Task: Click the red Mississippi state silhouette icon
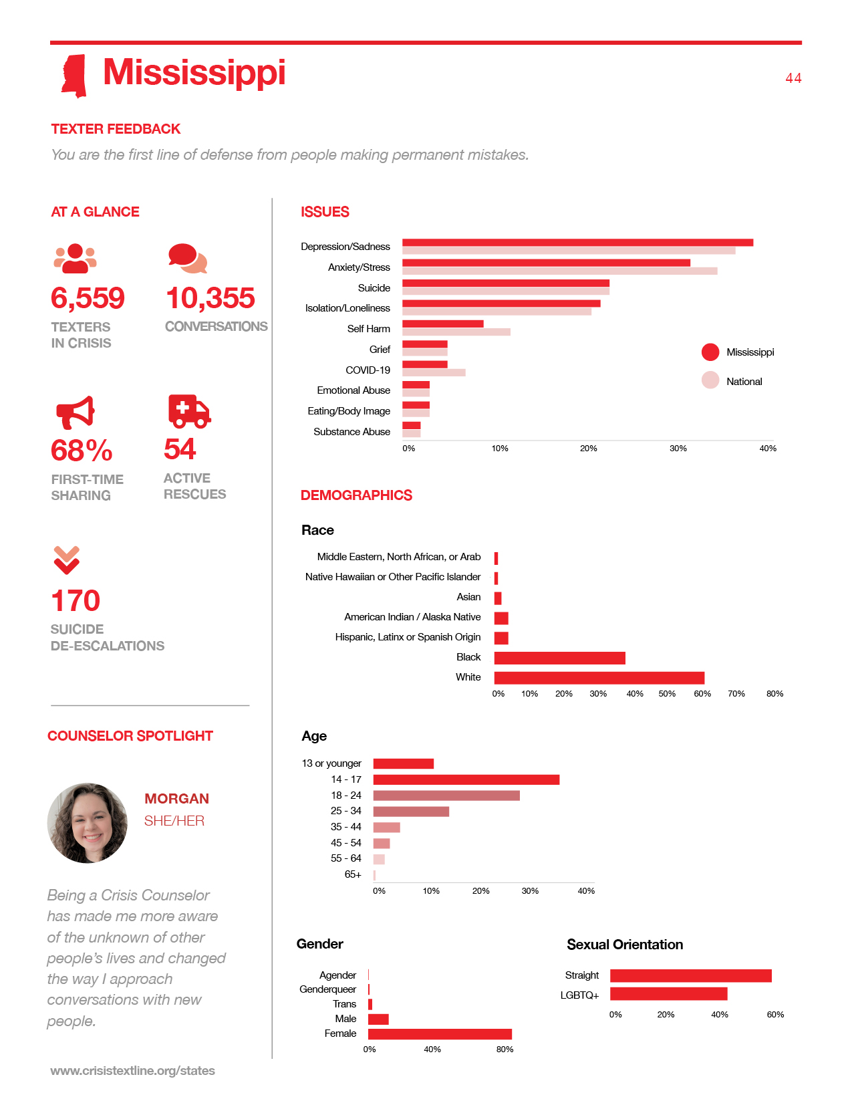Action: coord(74,76)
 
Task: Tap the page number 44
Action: coord(793,78)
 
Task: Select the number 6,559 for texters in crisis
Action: coord(88,298)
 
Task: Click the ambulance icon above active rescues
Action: coord(189,411)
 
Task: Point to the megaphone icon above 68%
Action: coord(75,412)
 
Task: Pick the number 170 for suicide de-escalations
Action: coord(76,600)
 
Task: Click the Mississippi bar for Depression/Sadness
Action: coord(577,243)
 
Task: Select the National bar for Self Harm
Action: coord(456,332)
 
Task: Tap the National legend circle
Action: coord(710,380)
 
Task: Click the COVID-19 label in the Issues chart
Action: coord(368,370)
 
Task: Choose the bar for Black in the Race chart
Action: coord(560,658)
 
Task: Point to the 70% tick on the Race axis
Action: coord(736,694)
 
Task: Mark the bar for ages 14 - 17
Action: coord(466,779)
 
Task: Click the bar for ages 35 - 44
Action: coord(387,828)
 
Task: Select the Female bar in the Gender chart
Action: coord(440,1034)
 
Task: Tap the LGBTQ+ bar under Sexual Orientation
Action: coord(669,994)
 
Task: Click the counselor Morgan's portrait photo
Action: coord(88,823)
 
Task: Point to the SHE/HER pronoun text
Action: coord(174,821)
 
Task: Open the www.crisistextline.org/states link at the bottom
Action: coord(132,1070)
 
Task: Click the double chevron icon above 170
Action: coord(66,560)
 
